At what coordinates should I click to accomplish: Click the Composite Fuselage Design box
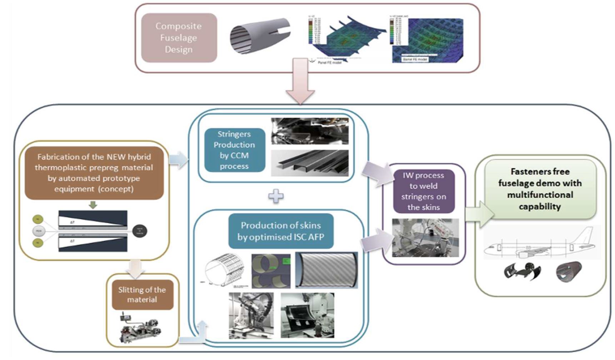pyautogui.click(x=179, y=38)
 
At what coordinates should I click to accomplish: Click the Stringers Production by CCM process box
pyautogui.click(x=234, y=150)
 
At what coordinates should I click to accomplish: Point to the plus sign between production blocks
pyautogui.click(x=276, y=196)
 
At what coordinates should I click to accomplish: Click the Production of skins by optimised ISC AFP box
pyautogui.click(x=281, y=231)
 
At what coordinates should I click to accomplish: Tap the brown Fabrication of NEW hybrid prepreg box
pyautogui.click(x=94, y=173)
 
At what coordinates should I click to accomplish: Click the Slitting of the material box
pyautogui.click(x=142, y=295)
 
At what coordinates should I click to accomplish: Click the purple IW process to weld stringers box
pyautogui.click(x=424, y=191)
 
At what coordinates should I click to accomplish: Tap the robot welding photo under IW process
pyautogui.click(x=425, y=237)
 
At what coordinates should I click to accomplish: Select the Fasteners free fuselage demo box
pyautogui.click(x=540, y=189)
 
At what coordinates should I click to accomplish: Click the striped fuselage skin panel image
pyautogui.click(x=326, y=270)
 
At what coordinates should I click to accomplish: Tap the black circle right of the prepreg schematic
pyautogui.click(x=139, y=231)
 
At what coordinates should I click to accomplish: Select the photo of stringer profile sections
pyautogui.click(x=309, y=163)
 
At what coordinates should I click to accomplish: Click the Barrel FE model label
pyautogui.click(x=415, y=59)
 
